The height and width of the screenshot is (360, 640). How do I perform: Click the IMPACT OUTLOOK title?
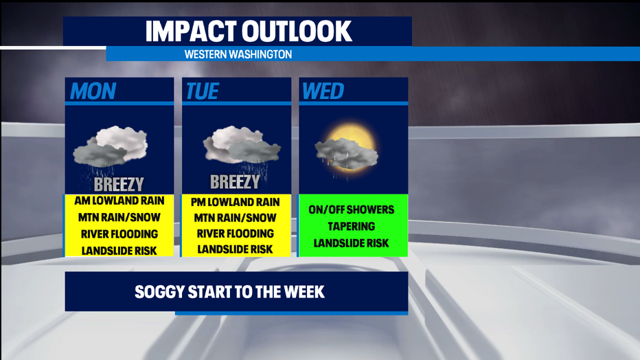[x=249, y=31]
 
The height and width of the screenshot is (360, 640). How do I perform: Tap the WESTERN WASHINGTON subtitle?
[x=238, y=54]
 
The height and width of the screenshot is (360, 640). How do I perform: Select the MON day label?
[x=93, y=91]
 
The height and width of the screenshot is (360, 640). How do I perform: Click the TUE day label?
[x=203, y=91]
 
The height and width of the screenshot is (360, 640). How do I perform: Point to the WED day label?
[x=323, y=91]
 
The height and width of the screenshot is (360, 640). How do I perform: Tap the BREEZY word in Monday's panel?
[x=119, y=184]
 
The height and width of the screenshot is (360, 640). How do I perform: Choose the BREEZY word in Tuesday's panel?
[x=235, y=182]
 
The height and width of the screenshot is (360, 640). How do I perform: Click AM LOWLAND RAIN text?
[x=119, y=201]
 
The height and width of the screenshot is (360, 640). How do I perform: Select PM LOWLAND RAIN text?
[x=235, y=202]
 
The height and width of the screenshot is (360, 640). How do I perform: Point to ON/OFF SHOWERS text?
[x=352, y=210]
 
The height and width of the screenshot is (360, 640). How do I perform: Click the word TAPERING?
[x=352, y=227]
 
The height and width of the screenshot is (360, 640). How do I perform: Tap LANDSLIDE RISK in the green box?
[x=352, y=243]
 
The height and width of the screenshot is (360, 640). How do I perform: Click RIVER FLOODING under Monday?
[x=119, y=234]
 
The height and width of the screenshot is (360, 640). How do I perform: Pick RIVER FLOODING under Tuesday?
[x=235, y=234]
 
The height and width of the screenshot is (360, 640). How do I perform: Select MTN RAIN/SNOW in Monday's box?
[x=119, y=218]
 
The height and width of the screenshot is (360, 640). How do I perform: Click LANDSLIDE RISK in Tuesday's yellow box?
[x=235, y=249]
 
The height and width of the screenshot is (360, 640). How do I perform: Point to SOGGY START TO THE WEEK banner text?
[x=230, y=292]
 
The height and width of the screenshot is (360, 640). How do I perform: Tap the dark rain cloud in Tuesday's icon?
[x=254, y=150]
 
